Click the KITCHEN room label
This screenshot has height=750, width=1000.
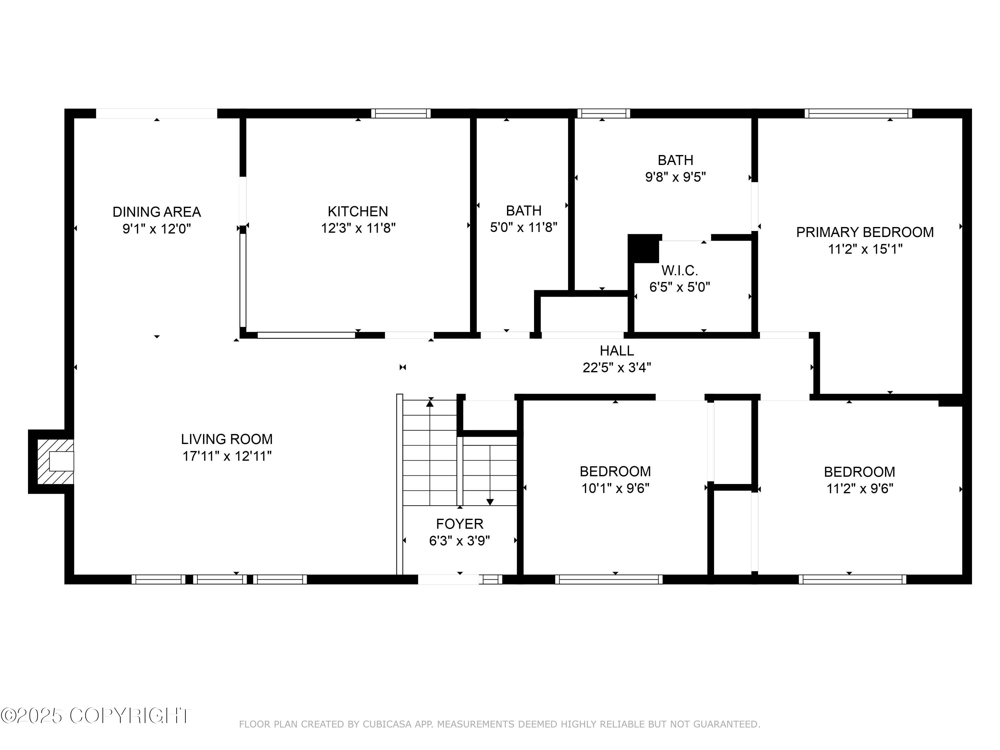click(x=358, y=211)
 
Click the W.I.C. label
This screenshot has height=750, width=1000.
click(x=679, y=270)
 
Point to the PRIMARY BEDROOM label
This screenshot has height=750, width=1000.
click(x=864, y=232)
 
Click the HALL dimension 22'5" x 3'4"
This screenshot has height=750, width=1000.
click(x=617, y=368)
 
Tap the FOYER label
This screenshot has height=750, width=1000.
click(x=459, y=524)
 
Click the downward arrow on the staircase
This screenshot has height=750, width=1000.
click(x=490, y=501)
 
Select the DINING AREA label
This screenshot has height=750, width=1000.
click(x=156, y=212)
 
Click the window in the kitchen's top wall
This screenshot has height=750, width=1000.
click(x=401, y=113)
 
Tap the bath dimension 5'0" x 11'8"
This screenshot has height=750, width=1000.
click(x=524, y=227)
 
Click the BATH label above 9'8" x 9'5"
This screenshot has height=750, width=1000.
click(x=675, y=160)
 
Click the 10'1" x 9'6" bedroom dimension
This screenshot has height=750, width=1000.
click(x=615, y=488)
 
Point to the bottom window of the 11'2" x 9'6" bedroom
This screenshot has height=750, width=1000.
click(x=852, y=579)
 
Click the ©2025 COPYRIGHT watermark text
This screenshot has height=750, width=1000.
click(x=96, y=716)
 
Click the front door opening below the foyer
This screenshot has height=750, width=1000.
click(x=448, y=579)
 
